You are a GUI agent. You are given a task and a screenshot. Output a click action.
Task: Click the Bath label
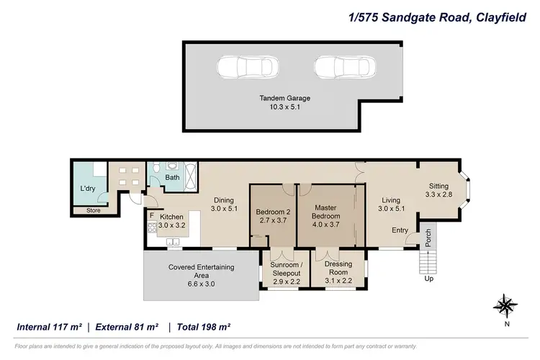(x=172, y=177)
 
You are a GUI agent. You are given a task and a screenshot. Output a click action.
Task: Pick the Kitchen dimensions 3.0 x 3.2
(x=172, y=225)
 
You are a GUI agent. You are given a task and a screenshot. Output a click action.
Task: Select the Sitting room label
(x=438, y=186)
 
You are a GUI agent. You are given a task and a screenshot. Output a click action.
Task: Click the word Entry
(x=400, y=230)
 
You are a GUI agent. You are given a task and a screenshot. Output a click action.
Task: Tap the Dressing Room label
(x=338, y=268)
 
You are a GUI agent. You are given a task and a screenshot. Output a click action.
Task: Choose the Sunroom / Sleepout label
(x=286, y=268)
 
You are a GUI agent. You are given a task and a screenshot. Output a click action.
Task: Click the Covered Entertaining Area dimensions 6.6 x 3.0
(x=201, y=284)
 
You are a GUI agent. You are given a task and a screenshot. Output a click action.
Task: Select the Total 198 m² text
(x=203, y=327)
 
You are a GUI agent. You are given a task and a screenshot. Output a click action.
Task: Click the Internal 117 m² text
(x=50, y=327)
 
